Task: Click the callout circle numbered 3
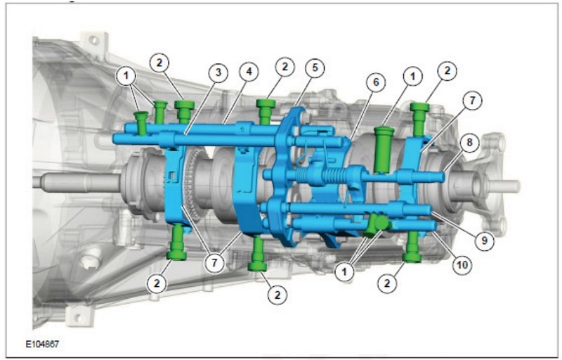click(218, 73)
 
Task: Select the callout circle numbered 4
click(249, 72)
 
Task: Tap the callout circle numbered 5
click(314, 67)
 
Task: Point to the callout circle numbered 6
click(376, 82)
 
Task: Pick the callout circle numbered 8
click(469, 142)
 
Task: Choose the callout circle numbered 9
click(484, 240)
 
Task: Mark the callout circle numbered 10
click(462, 265)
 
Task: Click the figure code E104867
click(42, 345)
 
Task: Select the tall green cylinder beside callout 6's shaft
click(384, 149)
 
